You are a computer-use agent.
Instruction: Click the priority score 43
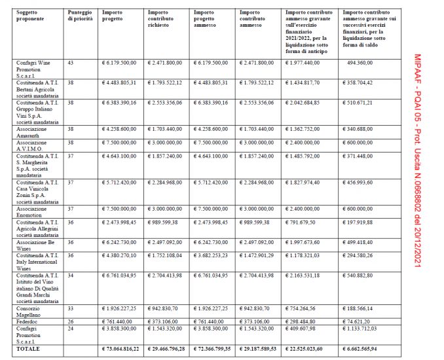(x=71, y=63)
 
